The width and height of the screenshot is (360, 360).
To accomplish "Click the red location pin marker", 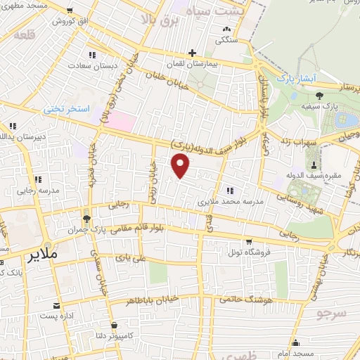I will click(181, 167).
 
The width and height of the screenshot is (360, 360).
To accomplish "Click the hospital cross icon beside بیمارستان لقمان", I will click(192, 53).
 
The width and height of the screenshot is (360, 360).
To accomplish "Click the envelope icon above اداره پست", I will click(56, 306).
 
